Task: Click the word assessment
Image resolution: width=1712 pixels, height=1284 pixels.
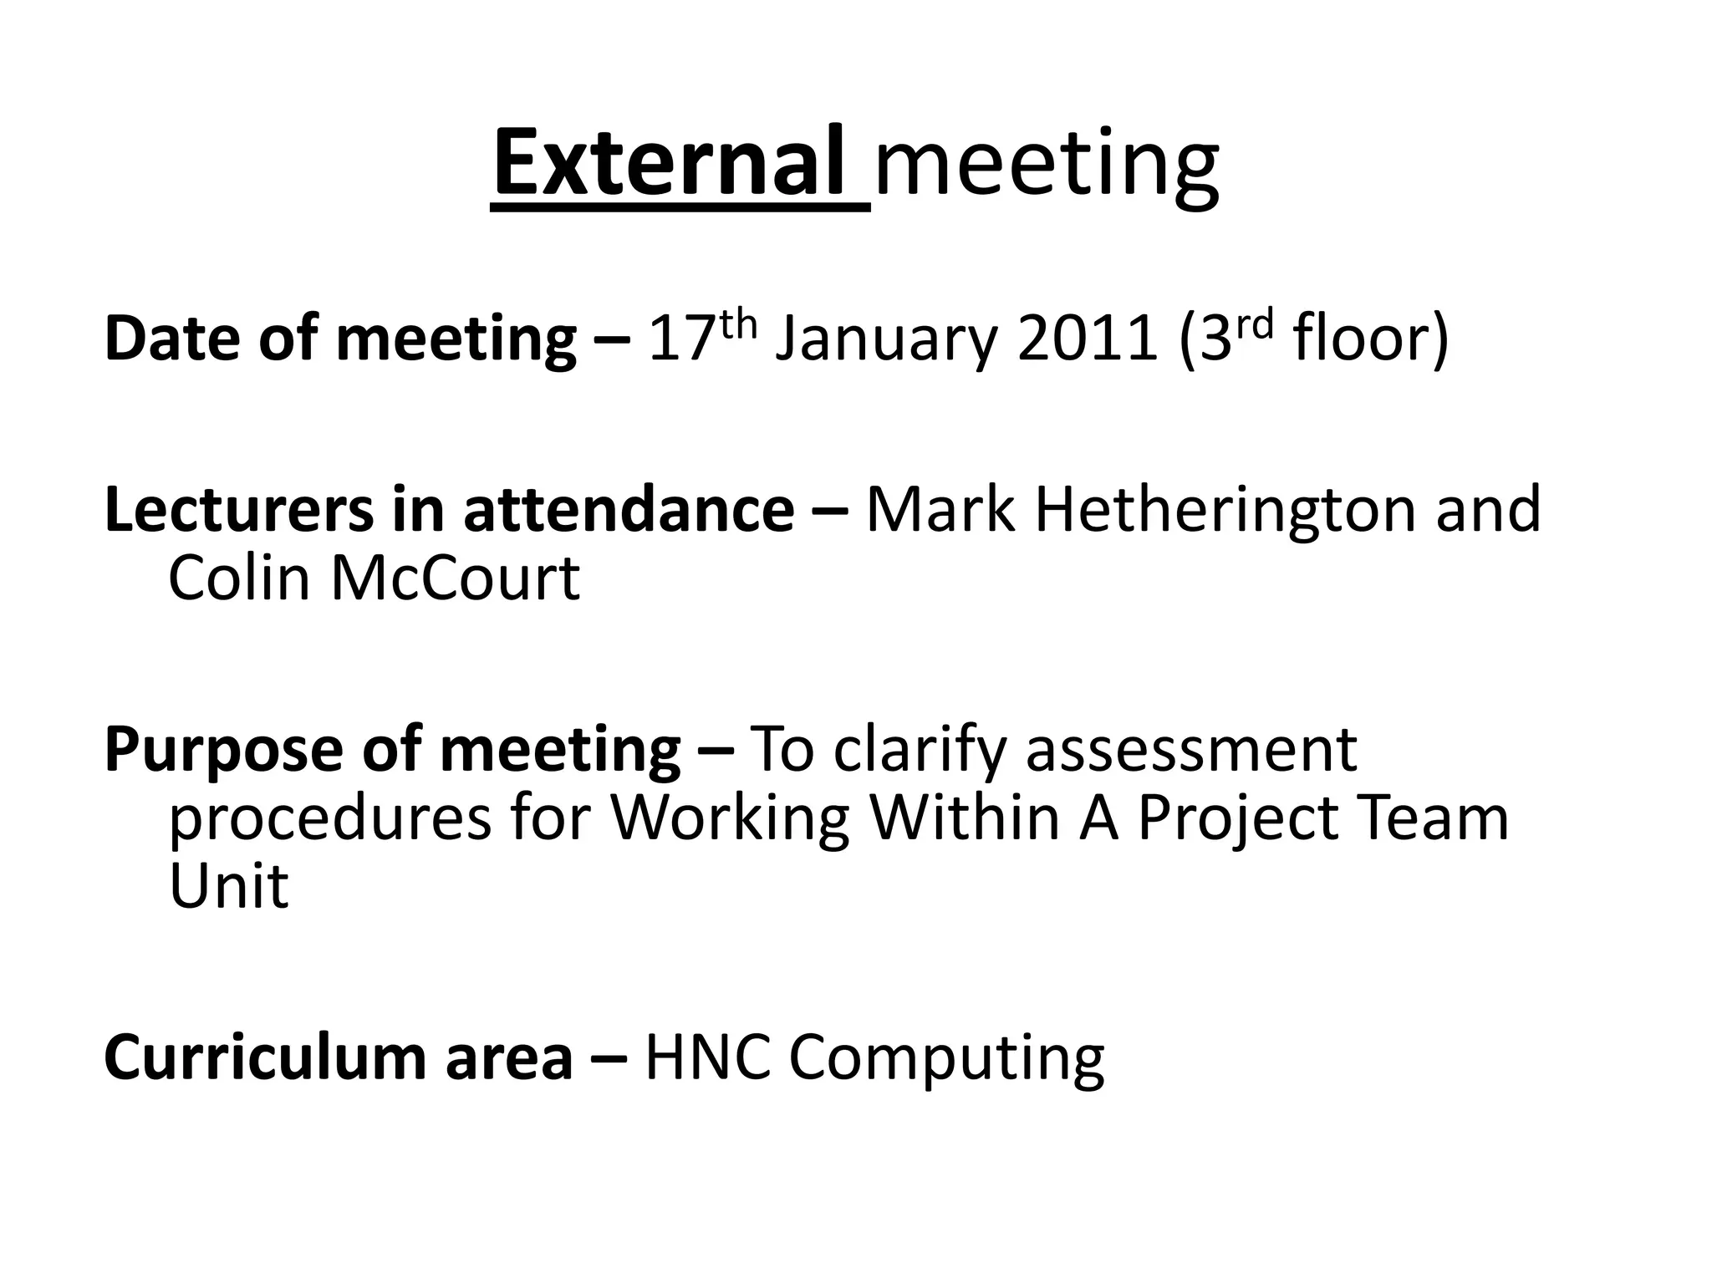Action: coord(1190,750)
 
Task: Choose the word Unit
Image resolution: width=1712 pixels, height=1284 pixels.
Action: coord(228,885)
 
